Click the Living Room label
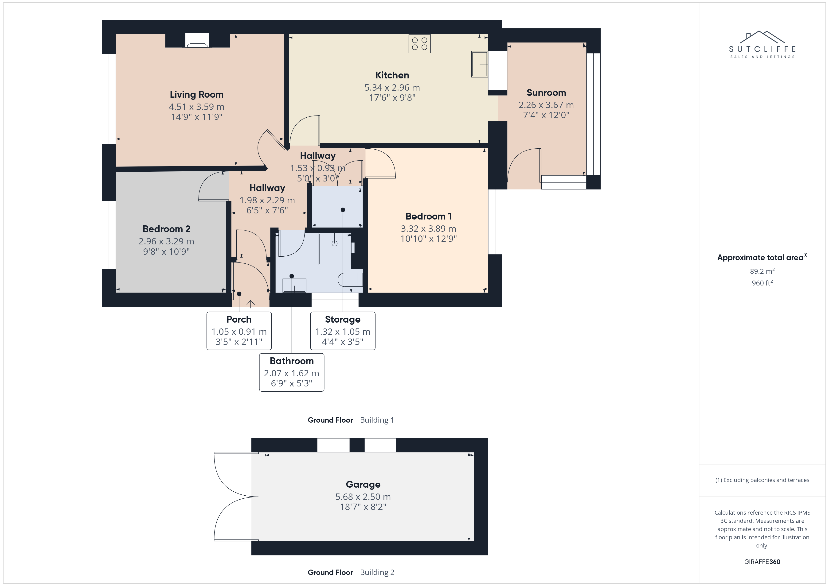[196, 95]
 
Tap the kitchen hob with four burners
[420, 44]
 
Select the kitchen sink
[480, 64]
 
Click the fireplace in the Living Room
[197, 40]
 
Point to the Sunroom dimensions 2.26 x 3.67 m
[546, 105]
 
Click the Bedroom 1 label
[429, 216]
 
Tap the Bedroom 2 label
[166, 229]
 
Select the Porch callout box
[239, 331]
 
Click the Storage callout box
[343, 331]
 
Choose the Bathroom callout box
[292, 372]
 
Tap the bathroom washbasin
[294, 285]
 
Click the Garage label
[363, 484]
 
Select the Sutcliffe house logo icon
[762, 37]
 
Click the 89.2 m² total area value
[762, 271]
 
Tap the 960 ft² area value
[762, 283]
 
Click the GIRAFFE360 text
[762, 562]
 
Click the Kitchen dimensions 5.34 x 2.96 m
[392, 88]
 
